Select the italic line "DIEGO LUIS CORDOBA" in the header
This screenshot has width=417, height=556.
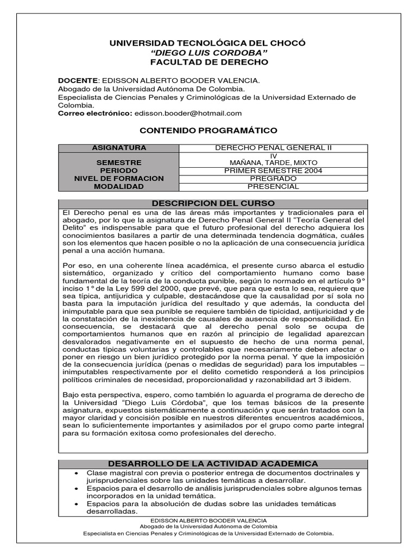click(209, 53)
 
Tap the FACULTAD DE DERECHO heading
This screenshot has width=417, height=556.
click(209, 62)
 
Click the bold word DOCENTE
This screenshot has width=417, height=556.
click(78, 80)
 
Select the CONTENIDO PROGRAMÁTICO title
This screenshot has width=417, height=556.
click(208, 130)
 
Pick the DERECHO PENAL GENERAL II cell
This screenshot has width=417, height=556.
click(273, 148)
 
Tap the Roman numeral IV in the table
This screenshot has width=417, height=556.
click(273, 156)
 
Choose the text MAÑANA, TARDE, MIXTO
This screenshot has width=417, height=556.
click(273, 162)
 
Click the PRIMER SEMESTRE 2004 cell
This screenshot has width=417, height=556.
click(273, 170)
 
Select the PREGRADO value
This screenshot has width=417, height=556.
click(273, 178)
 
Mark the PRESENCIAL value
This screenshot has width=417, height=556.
click(273, 186)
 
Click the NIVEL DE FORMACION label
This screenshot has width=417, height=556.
click(118, 179)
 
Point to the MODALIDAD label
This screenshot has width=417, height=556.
click(118, 186)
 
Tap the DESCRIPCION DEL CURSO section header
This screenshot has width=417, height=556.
click(213, 203)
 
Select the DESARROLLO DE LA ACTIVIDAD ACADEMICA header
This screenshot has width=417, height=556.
click(213, 463)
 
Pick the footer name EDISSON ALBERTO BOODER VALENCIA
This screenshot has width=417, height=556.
click(208, 520)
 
